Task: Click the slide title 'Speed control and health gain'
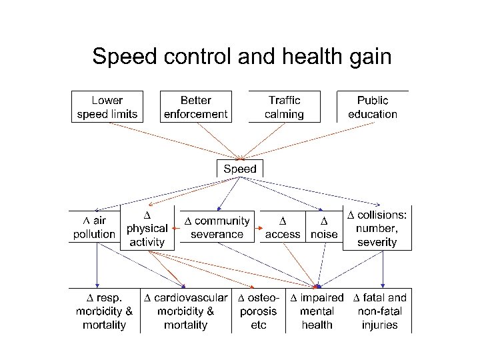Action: [241, 56]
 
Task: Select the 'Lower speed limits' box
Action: [107, 107]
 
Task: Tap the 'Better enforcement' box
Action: [196, 107]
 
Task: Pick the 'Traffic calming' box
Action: [284, 107]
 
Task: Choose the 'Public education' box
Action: [373, 107]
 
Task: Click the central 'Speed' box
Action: [240, 169]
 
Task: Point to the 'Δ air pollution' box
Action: [95, 227]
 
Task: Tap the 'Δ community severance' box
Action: [217, 227]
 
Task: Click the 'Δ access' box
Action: [283, 227]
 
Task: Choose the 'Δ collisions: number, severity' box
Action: [377, 228]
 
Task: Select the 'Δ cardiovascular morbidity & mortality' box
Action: [186, 311]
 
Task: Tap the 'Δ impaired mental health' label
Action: [317, 311]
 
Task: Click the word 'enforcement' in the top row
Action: [196, 114]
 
